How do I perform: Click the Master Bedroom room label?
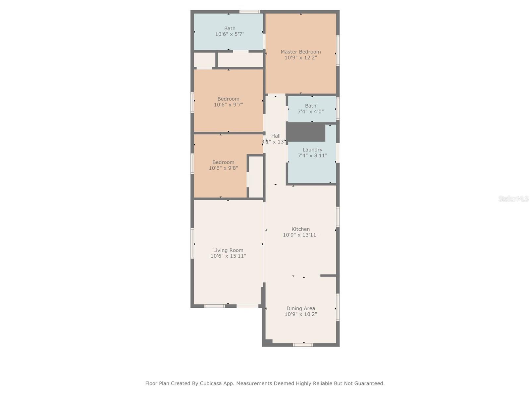click(x=301, y=52)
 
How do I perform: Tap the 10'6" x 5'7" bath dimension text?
click(x=230, y=34)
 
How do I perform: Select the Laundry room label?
click(x=312, y=150)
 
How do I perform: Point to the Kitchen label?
click(x=301, y=229)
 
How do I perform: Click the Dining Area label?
click(x=301, y=308)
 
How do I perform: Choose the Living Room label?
click(x=228, y=250)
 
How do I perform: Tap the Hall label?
click(x=276, y=136)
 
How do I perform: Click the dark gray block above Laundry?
click(x=306, y=132)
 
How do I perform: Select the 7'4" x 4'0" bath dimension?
click(x=310, y=111)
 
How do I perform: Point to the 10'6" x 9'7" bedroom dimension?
click(x=229, y=105)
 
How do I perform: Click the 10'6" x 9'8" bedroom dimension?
click(x=223, y=168)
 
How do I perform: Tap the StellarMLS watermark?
click(x=513, y=198)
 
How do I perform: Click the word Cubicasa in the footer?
click(x=211, y=383)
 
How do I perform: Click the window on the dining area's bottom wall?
click(x=303, y=345)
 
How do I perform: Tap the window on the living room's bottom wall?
click(x=214, y=306)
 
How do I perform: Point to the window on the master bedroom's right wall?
click(x=338, y=51)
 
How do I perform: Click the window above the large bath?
click(x=250, y=12)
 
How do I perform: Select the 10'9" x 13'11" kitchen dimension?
click(x=301, y=235)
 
